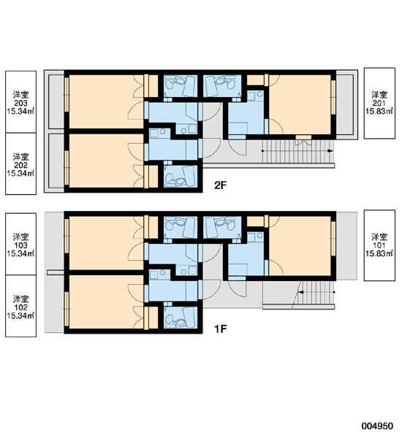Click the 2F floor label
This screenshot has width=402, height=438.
pyautogui.click(x=220, y=185)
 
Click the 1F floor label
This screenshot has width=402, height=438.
pyautogui.click(x=220, y=329)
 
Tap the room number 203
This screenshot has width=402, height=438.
pyautogui.click(x=20, y=104)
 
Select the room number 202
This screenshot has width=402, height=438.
pyautogui.click(x=20, y=166)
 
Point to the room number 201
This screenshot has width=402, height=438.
pyautogui.click(x=379, y=103)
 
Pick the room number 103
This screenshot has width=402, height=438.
pyautogui.click(x=20, y=245)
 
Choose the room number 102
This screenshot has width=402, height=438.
pyautogui.click(x=20, y=307)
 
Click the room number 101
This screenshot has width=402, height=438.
pyautogui.click(x=379, y=245)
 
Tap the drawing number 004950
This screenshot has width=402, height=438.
pyautogui.click(x=377, y=426)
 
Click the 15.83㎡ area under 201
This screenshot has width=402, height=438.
pyautogui.click(x=379, y=111)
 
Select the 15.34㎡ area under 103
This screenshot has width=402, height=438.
pyautogui.click(x=20, y=253)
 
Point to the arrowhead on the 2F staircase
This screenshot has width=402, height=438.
pyautogui.click(x=330, y=151)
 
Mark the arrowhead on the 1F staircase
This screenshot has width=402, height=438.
pyautogui.click(x=300, y=293)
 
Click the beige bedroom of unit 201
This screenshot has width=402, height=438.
pyautogui.click(x=300, y=104)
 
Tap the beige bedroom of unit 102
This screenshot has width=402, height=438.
pyautogui.click(x=106, y=302)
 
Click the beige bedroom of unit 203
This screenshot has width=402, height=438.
pyautogui.click(x=106, y=101)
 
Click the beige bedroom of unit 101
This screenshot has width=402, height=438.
pyautogui.click(x=300, y=247)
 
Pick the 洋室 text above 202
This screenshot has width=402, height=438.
pyautogui.click(x=20, y=157)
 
